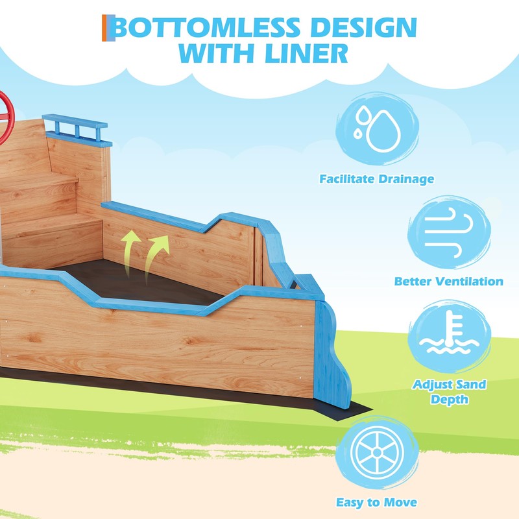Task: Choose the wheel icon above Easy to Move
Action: click(x=377, y=452)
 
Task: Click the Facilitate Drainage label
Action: click(x=377, y=178)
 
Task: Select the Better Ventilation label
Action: click(x=448, y=282)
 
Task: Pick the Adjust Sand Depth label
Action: click(x=448, y=391)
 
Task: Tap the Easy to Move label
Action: click(x=377, y=502)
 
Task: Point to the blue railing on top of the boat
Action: click(x=77, y=128)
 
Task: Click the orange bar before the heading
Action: click(x=104, y=29)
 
